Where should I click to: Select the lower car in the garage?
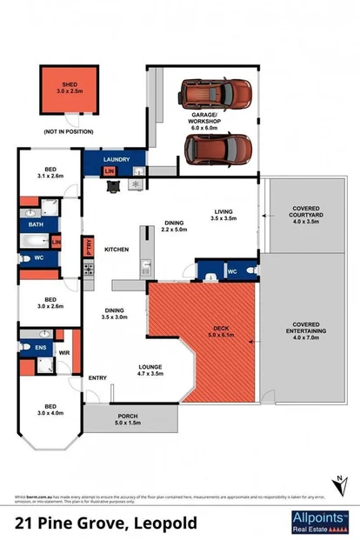coord(218,148)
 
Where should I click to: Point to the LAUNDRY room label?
coord(116,160)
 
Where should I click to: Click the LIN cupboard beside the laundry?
coord(110,171)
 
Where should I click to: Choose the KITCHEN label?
coord(117,250)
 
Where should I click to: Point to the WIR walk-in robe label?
coord(63,352)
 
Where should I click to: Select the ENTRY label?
coord(97,378)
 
